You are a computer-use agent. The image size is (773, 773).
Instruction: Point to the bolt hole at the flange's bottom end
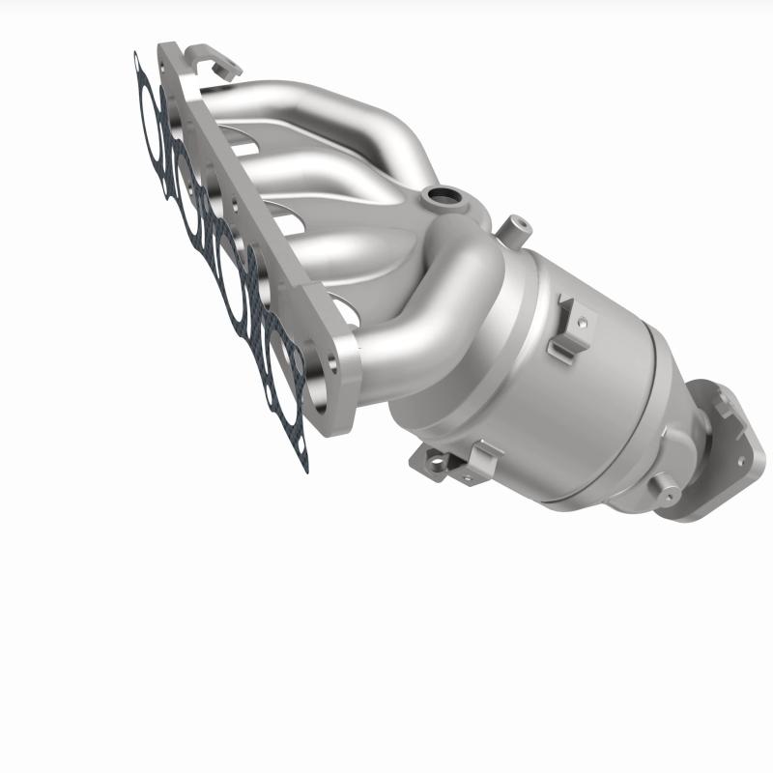(333, 366)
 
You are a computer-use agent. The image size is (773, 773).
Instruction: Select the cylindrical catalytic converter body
(541, 386)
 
